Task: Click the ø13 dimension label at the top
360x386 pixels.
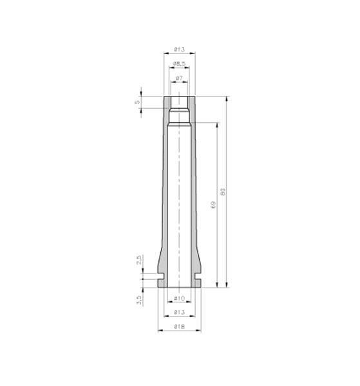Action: pos(180,50)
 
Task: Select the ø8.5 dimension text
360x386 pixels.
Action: pos(179,64)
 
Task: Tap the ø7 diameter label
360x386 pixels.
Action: pos(180,78)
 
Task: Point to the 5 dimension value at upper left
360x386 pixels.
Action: pos(137,102)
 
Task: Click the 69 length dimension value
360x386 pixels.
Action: pos(213,205)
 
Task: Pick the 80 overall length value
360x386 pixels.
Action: pos(223,192)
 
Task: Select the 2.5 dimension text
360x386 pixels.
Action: pos(139,260)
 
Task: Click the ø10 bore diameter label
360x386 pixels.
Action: pos(180,299)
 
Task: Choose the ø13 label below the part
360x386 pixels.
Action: pos(180,313)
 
